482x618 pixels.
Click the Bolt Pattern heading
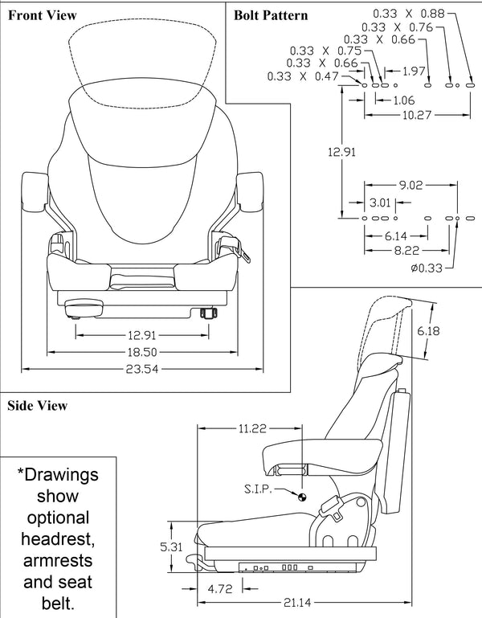click(x=271, y=14)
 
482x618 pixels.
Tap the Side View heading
click(x=37, y=406)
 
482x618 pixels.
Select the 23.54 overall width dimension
click(x=141, y=369)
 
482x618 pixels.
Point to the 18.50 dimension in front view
click(x=141, y=351)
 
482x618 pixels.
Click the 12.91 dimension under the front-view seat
click(x=141, y=334)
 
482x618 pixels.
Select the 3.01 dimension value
click(x=379, y=201)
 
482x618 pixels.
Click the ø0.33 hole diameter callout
click(x=425, y=268)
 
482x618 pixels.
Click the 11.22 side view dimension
click(x=251, y=429)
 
